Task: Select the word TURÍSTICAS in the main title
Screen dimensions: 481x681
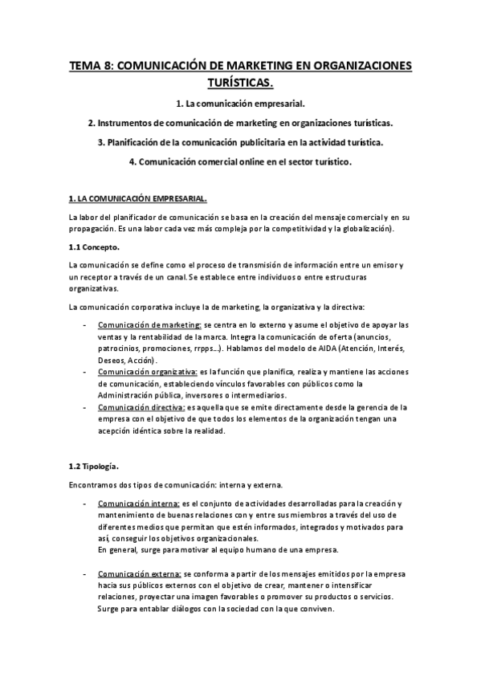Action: click(240, 82)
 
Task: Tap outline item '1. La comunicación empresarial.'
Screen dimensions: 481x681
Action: click(240, 105)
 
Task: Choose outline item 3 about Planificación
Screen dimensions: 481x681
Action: click(240, 142)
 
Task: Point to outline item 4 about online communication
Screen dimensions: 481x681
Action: click(240, 161)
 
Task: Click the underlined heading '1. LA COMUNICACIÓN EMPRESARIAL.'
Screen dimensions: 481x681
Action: click(138, 198)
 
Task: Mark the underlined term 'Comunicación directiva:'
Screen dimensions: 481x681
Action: click(140, 407)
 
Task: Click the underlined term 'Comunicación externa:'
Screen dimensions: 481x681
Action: click(139, 574)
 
